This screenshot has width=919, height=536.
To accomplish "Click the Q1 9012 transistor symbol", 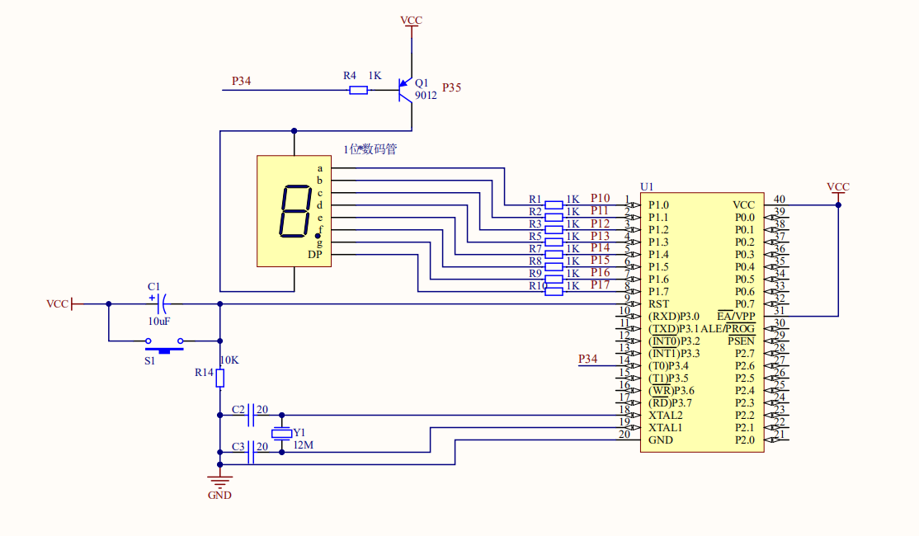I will coord(405,89).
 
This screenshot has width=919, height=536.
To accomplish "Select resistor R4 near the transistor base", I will coord(358,89).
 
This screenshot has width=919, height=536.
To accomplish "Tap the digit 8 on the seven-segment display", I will coord(296,212).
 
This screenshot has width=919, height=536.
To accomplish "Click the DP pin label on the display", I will coord(315,255).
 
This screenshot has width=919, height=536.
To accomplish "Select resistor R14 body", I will coord(219,377).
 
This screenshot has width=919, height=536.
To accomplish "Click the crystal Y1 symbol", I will coord(281,434).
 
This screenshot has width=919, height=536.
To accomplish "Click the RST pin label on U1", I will coord(658,304).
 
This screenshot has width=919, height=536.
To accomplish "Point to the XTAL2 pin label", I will coord(665,415).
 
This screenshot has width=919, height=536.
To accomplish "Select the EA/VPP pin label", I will coord(736,316).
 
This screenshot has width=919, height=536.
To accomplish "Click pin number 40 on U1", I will coord(779,199).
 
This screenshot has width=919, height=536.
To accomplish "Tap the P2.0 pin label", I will coord(744,440).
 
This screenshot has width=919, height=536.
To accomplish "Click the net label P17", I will coord(600,284).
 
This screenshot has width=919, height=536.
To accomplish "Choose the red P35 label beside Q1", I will coord(452,87).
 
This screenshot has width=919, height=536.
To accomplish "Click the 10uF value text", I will coord(160,321).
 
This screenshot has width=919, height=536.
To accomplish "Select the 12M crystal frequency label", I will coord(303,445).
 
